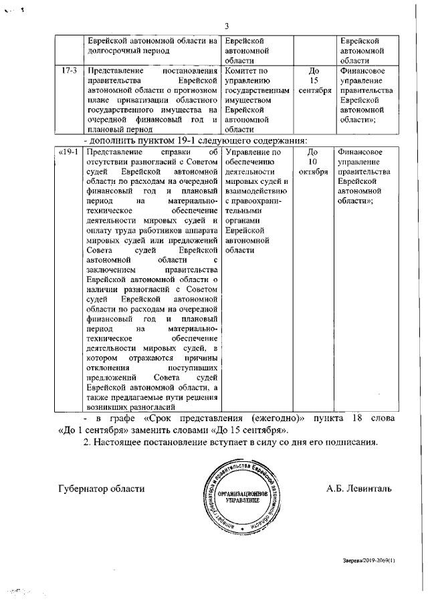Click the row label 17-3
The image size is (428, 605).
coord(66,70)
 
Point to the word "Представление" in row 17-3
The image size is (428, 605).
coord(107,70)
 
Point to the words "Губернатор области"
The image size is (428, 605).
coord(101,488)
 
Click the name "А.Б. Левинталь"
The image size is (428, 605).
coord(359,488)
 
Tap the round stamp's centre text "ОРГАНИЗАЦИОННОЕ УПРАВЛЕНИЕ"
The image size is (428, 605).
coord(239,495)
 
